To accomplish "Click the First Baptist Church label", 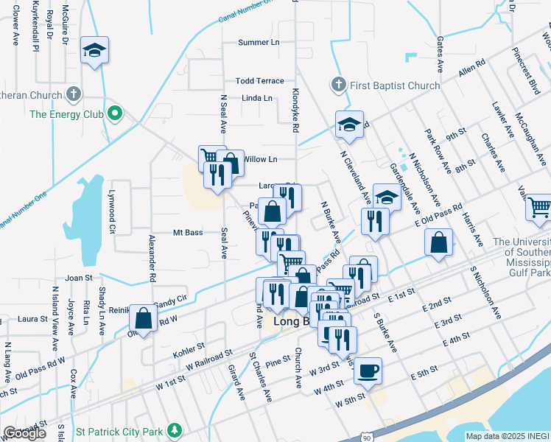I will pos(395,85).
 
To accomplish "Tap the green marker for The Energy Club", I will pos(114,114).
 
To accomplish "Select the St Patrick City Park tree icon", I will pos(175,429).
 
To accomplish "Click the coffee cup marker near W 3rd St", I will pos(368,370).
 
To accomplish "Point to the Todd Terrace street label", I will pos(259,81).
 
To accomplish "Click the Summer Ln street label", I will pos(259,43).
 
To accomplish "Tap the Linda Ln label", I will pos(257,98).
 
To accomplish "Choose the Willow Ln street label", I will pos(260,159).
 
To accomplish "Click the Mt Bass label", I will pos(188,233).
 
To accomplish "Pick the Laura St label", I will pos(32,320).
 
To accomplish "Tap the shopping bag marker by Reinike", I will pos(144,318).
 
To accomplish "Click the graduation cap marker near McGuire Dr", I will pos(94,50).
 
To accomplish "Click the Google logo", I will pos(24,433).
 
